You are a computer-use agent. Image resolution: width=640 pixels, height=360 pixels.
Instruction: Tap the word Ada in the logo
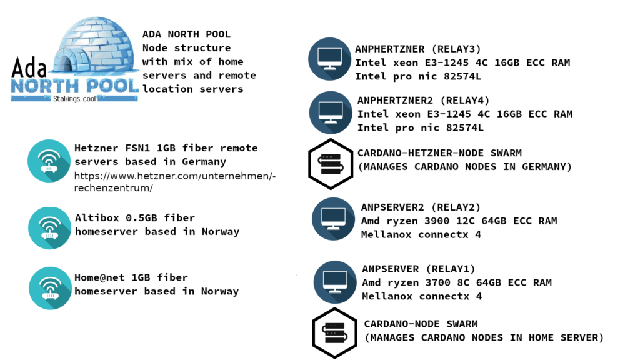click(29, 67)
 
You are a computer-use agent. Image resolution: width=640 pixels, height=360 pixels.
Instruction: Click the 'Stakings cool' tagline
click(74, 99)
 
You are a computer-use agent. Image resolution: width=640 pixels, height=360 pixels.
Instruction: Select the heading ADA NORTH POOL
click(186, 34)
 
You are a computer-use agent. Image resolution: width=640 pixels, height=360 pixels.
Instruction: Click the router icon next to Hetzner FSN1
click(49, 161)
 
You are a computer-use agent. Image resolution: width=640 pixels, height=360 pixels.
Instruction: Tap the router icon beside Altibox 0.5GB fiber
click(49, 228)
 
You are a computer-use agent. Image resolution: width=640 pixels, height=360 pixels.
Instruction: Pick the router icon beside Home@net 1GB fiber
click(50, 288)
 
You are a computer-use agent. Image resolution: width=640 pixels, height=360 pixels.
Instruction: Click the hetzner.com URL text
click(175, 182)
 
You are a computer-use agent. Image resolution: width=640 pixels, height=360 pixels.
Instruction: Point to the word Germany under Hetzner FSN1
click(204, 162)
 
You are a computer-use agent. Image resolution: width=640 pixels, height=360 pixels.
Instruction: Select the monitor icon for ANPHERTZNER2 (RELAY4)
click(331, 112)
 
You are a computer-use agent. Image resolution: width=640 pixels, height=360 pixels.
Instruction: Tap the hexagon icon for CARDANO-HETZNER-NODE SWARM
click(331, 164)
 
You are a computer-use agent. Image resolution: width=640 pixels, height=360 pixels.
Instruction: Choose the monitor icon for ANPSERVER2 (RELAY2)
click(334, 219)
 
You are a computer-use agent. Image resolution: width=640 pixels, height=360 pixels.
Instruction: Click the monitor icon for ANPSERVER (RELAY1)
click(335, 282)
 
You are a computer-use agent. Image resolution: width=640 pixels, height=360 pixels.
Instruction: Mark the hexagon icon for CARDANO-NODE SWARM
click(335, 333)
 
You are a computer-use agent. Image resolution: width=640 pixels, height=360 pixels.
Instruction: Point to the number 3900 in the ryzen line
click(437, 221)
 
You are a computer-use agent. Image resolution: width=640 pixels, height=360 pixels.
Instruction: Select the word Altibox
click(97, 218)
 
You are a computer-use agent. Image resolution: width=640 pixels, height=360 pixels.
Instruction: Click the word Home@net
click(99, 278)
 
